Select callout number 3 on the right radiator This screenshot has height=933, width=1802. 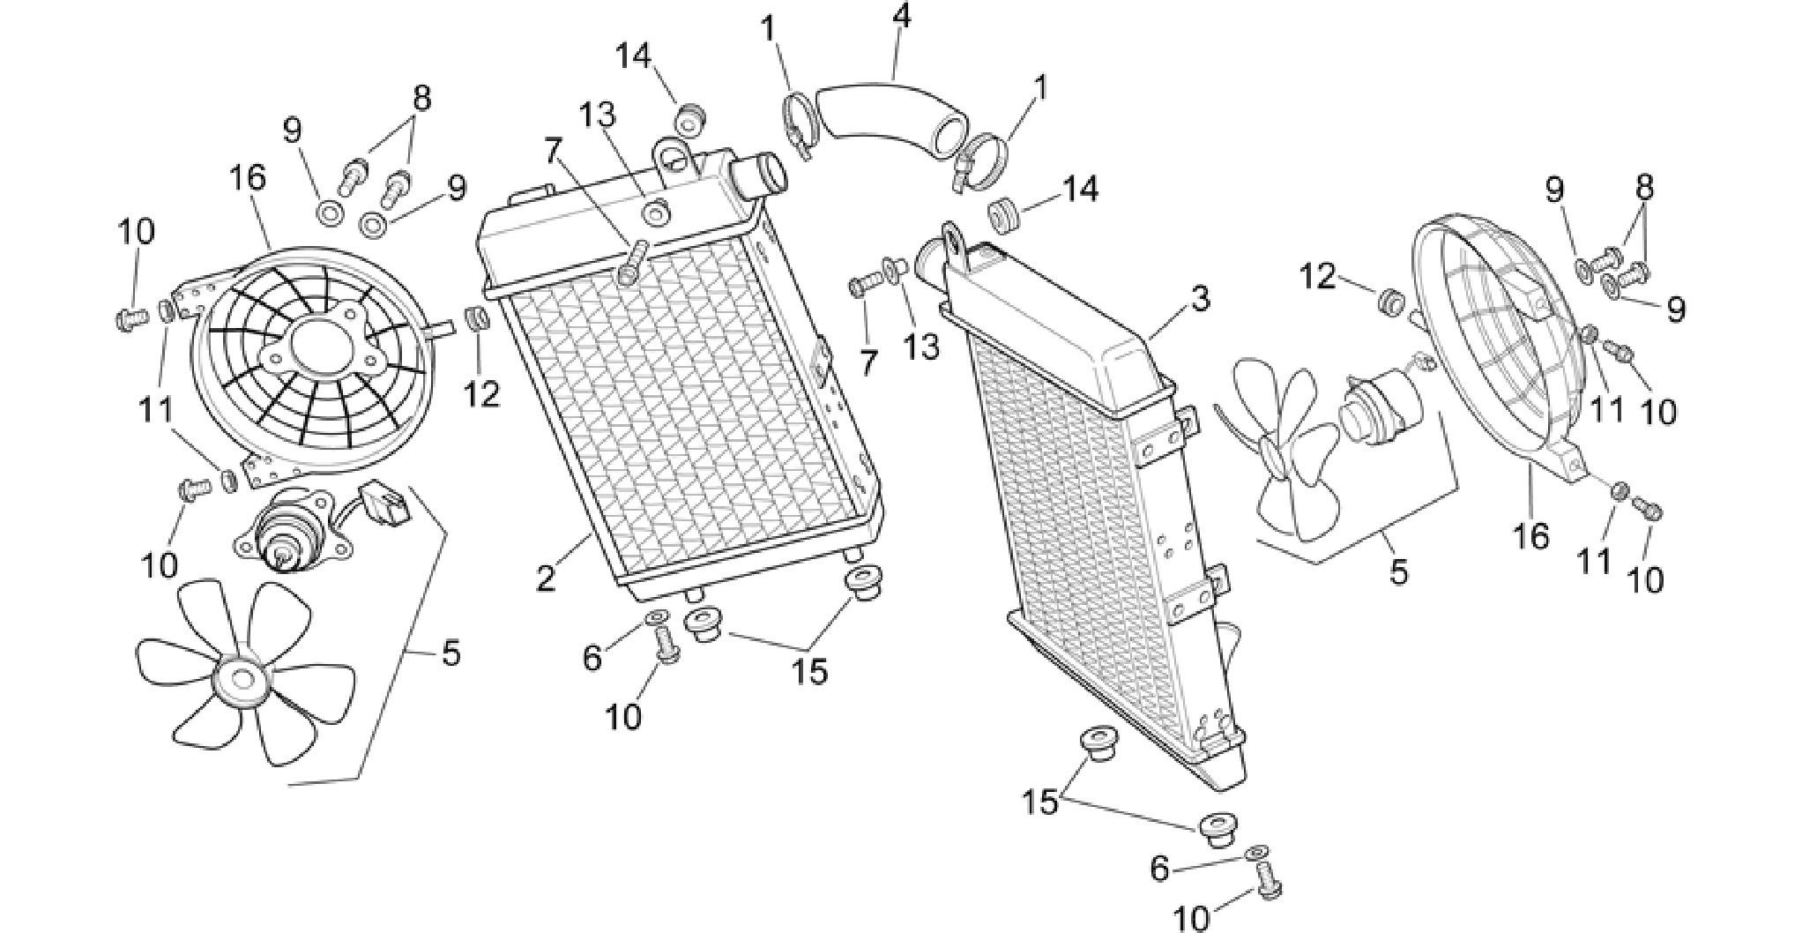point(1200,298)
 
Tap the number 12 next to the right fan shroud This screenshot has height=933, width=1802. point(1320,278)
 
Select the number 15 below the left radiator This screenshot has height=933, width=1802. point(809,671)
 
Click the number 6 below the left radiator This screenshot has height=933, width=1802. point(592,657)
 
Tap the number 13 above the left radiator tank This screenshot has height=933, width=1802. point(597,115)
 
